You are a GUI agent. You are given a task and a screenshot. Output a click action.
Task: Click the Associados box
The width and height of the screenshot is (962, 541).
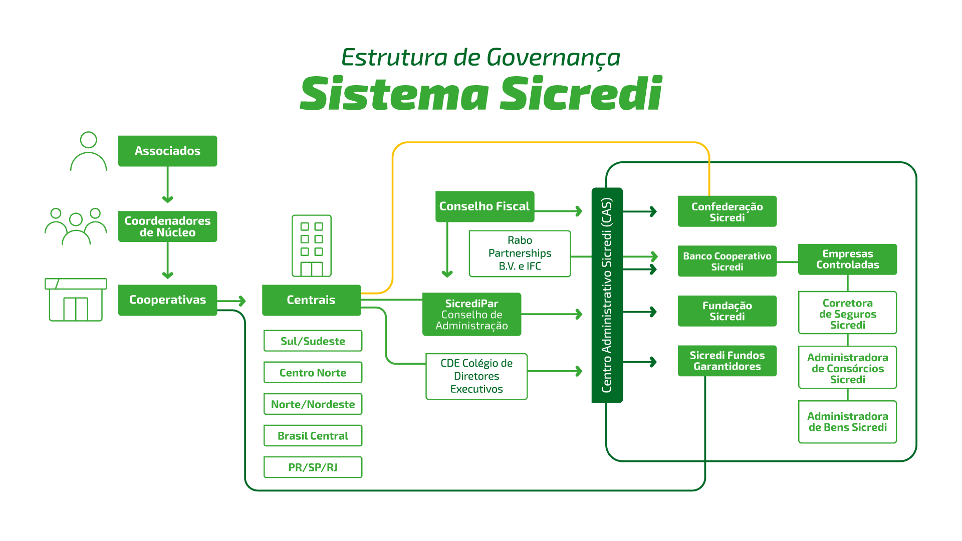click(167, 151)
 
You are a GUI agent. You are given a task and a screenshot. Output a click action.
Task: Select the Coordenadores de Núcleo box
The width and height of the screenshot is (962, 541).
click(167, 226)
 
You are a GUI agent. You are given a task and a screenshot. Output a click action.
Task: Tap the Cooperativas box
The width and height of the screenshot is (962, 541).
click(167, 300)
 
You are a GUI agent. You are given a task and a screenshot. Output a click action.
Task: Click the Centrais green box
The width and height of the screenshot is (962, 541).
click(311, 300)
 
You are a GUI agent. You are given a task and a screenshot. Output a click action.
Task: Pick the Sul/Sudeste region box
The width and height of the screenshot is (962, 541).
click(313, 341)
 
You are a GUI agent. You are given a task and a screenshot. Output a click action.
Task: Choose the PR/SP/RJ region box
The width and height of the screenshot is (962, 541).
click(313, 467)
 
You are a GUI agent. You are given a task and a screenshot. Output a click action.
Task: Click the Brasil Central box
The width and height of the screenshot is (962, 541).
click(313, 436)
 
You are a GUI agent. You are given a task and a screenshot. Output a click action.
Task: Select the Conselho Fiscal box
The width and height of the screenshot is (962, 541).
click(485, 206)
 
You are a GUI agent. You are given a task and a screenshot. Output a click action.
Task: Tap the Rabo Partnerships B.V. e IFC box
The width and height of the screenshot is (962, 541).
click(520, 253)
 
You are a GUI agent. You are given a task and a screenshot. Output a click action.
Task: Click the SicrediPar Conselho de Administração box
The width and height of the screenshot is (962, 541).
click(471, 315)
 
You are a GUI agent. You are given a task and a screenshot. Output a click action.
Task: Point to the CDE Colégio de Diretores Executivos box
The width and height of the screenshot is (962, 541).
click(476, 376)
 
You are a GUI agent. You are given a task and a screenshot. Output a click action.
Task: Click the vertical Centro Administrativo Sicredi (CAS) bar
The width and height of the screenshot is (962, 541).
click(607, 296)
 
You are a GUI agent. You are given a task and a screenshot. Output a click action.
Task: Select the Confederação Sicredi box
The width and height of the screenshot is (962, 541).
click(727, 211)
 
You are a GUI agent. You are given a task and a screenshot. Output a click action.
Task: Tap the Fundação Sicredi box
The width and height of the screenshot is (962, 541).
click(727, 311)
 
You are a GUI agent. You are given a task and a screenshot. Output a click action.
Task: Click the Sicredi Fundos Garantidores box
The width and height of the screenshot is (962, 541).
click(727, 361)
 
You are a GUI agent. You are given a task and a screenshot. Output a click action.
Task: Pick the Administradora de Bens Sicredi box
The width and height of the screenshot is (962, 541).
click(847, 422)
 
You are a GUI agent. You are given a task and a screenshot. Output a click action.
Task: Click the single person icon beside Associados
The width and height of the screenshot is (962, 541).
click(89, 152)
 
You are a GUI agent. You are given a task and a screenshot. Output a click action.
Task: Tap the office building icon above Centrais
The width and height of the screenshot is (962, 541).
click(311, 246)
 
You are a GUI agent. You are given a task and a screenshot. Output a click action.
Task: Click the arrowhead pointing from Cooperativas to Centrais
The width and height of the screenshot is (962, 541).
click(243, 301)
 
